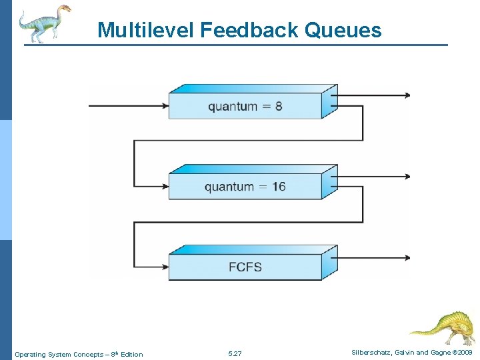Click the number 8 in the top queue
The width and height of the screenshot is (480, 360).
pos(278,107)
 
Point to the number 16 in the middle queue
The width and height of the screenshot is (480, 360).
pos(278,187)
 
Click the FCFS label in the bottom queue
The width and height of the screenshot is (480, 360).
pos(245,267)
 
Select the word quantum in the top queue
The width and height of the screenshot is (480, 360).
pos(233,107)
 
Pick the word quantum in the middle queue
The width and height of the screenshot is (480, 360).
pos(229,187)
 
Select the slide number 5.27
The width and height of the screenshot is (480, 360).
pos(235,354)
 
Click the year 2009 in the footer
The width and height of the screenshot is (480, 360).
pos(465,352)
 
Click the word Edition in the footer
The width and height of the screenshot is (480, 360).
pos(131,354)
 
